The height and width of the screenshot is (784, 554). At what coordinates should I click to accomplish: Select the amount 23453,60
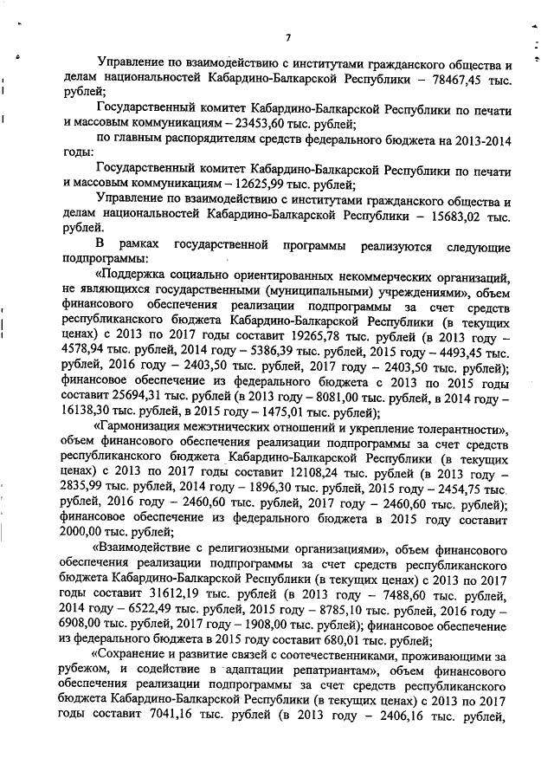(248, 124)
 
